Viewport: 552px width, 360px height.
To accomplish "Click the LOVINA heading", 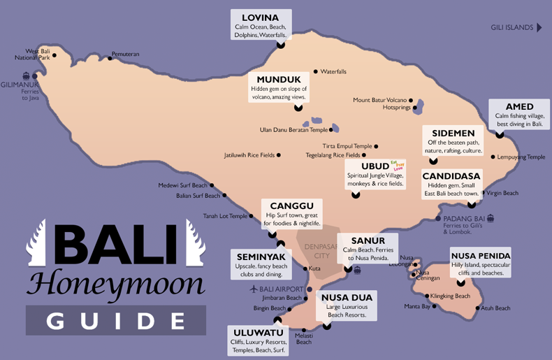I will coord(260,17).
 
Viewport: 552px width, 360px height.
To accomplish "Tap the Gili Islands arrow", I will coord(539,28).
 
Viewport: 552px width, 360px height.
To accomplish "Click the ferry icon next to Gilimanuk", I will coord(27,75).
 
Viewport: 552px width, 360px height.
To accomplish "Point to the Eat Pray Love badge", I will coord(398,165).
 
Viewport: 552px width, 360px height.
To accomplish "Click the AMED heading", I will coord(519,106).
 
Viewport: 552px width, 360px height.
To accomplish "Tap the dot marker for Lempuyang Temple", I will coord(493,157).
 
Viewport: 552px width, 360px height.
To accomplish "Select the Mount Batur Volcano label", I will coord(379,100).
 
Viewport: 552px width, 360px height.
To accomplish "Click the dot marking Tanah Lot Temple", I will coord(252,216).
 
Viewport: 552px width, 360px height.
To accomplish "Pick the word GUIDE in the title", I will coord(116,321).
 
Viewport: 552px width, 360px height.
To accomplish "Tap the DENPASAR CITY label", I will coord(319,250).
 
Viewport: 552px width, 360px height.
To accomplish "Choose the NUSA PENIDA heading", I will coord(481,255).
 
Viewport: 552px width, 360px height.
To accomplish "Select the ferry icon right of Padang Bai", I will coord(491,218).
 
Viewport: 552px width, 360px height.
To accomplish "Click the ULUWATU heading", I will coord(259,332).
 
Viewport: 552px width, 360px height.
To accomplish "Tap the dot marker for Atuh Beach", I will coord(479,308).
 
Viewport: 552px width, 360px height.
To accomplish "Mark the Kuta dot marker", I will coord(305,268).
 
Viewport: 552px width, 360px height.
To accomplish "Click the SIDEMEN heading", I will coord(453,133).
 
